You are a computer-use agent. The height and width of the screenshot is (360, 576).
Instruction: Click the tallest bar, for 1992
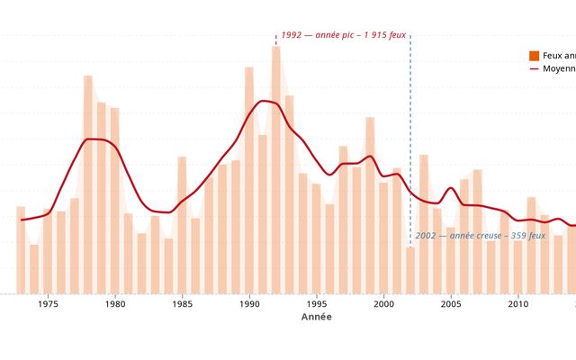click(x=276, y=171)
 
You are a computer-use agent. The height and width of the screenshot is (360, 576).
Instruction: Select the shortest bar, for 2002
click(x=410, y=270)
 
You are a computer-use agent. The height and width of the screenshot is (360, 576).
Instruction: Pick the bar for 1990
click(x=249, y=180)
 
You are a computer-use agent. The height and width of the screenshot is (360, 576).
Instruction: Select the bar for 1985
click(x=182, y=225)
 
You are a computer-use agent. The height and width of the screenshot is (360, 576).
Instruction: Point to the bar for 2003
click(x=424, y=224)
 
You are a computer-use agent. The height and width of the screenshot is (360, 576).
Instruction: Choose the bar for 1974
click(x=34, y=269)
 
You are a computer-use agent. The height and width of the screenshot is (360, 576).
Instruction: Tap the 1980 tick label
click(x=115, y=304)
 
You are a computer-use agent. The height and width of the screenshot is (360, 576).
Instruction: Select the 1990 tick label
click(x=249, y=304)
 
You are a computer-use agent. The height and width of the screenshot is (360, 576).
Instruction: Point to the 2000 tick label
click(x=383, y=304)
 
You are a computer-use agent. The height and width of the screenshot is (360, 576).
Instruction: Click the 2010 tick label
click(x=517, y=304)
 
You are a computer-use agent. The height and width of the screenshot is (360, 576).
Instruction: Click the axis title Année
click(x=316, y=318)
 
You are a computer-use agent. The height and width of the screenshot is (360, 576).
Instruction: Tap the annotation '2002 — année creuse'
click(x=481, y=236)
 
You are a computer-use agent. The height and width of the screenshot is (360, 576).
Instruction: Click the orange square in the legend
click(x=535, y=56)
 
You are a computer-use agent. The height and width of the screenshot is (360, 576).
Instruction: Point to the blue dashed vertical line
click(x=410, y=135)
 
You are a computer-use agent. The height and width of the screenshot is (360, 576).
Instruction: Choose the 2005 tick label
click(x=451, y=304)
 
